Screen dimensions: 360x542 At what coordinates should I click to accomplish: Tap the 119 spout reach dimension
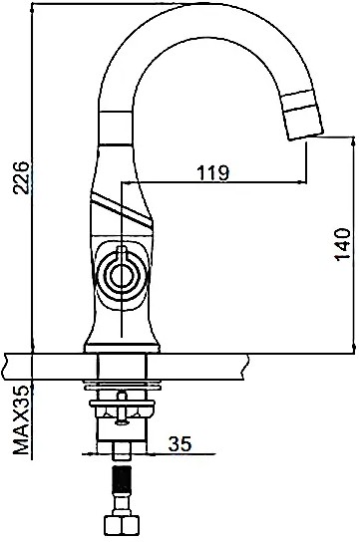click(x=213, y=172)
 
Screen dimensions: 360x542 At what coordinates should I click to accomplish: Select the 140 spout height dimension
click(x=343, y=244)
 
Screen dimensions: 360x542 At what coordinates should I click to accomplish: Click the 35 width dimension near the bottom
click(x=180, y=443)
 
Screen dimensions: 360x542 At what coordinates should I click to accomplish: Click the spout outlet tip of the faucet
click(x=306, y=135)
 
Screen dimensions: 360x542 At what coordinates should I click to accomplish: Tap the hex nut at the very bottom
click(x=122, y=528)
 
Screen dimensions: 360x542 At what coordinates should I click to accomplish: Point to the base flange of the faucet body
click(x=122, y=347)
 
